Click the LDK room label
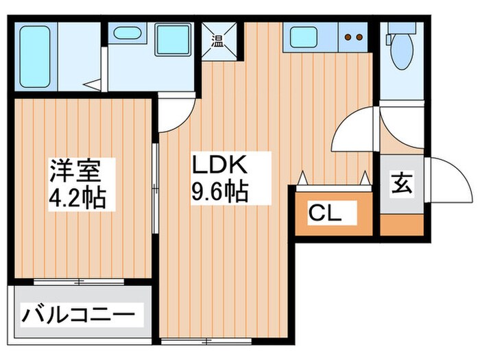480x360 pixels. click(x=219, y=167)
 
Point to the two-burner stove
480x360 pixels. click(x=353, y=38)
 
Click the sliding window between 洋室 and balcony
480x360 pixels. click(x=80, y=282)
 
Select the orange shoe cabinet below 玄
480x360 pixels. click(x=402, y=225)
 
